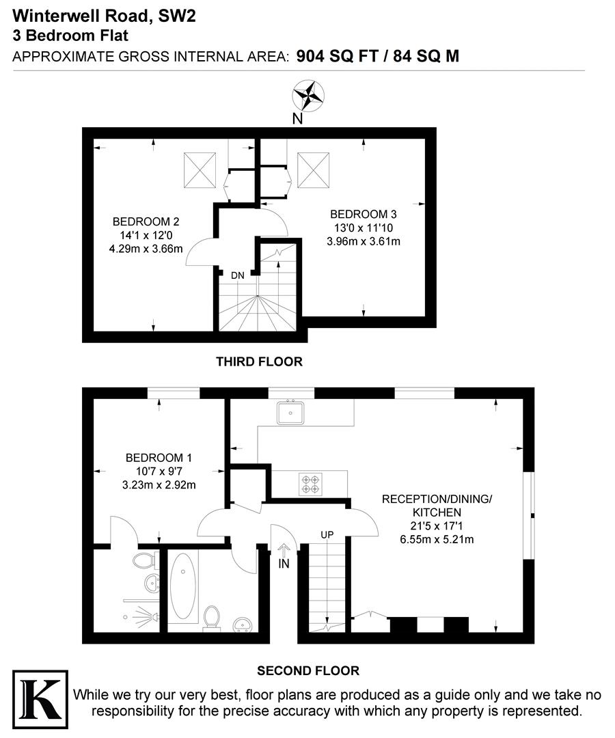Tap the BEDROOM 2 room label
[146, 221]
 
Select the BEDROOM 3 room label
[364, 214]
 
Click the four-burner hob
[310, 484]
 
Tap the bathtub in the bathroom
[181, 586]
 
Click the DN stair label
[237, 275]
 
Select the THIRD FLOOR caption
[259, 361]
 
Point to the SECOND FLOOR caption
[307, 671]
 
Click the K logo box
[40, 694]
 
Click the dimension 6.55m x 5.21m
[437, 539]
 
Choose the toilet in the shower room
[143, 562]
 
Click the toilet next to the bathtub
[213, 616]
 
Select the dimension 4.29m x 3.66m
[146, 249]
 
